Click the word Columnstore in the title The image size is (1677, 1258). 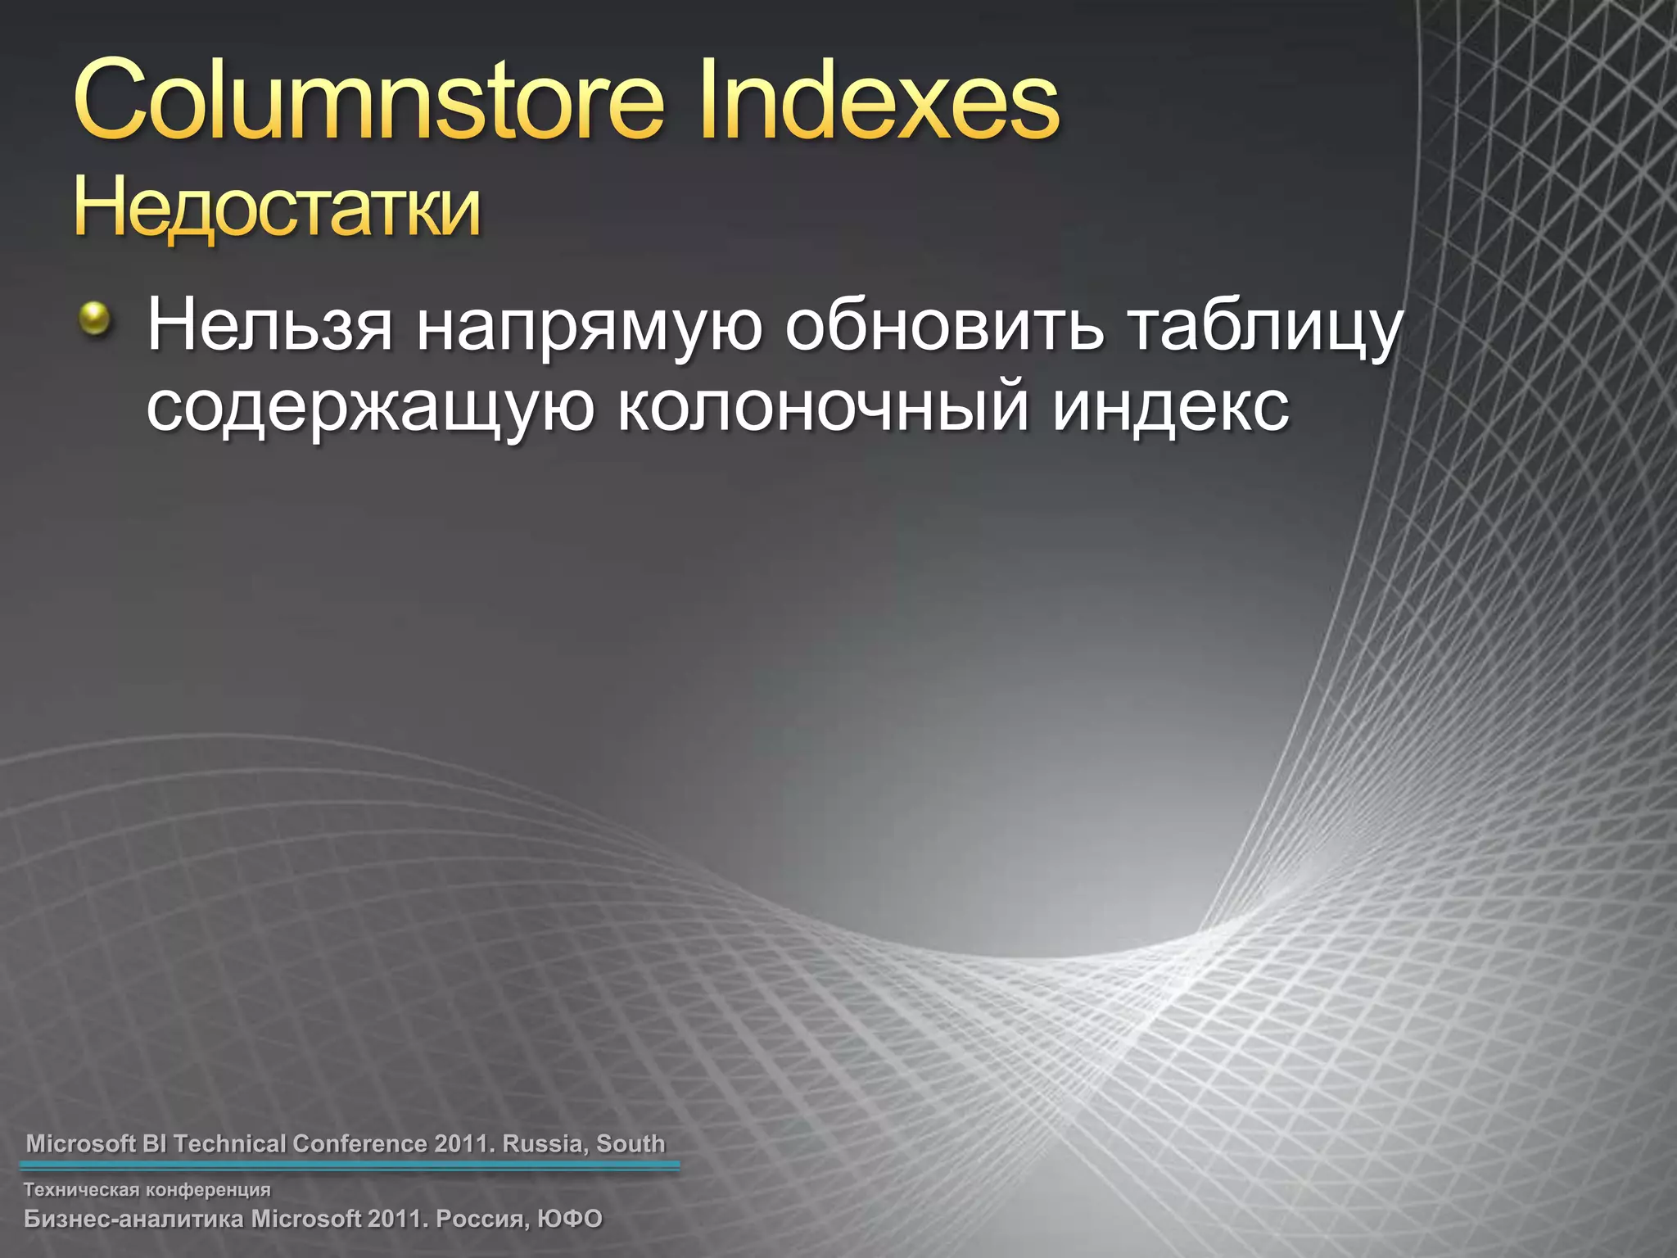pos(368,102)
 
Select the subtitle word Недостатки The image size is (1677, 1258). pos(277,209)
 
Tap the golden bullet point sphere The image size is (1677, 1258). pos(95,318)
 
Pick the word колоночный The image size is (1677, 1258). pos(823,407)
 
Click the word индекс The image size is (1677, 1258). pos(1171,407)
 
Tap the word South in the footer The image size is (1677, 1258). pos(631,1143)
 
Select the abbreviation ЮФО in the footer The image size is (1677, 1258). pos(570,1219)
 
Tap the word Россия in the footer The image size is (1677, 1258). pos(482,1219)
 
